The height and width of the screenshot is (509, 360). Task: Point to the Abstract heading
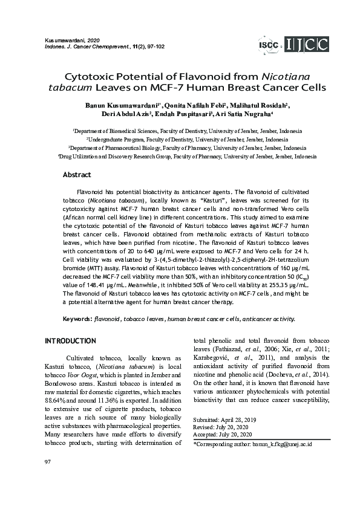(x=77, y=175)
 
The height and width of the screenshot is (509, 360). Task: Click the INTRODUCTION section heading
(x=70, y=341)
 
